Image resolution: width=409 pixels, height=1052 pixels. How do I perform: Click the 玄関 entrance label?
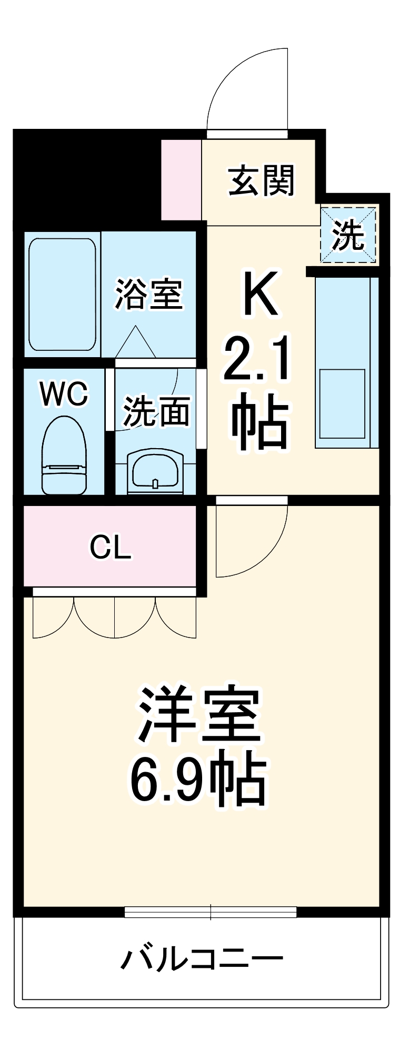pos(261,180)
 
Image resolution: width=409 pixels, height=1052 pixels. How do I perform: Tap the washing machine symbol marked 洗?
pos(348,235)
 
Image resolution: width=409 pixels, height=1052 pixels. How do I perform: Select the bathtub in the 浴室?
pos(63,294)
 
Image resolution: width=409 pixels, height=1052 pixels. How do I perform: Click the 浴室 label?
pos(149,294)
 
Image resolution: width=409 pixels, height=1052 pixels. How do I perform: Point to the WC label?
pos(64,393)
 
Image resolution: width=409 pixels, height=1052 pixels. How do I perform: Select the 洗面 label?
pos(156,411)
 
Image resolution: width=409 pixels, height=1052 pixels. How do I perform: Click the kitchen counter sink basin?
pos(342,403)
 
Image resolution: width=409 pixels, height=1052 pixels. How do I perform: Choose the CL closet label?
pos(110,547)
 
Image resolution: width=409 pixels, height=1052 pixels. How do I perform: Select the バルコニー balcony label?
pos(202,958)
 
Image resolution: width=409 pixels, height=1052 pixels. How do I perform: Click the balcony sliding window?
pos(211,911)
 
